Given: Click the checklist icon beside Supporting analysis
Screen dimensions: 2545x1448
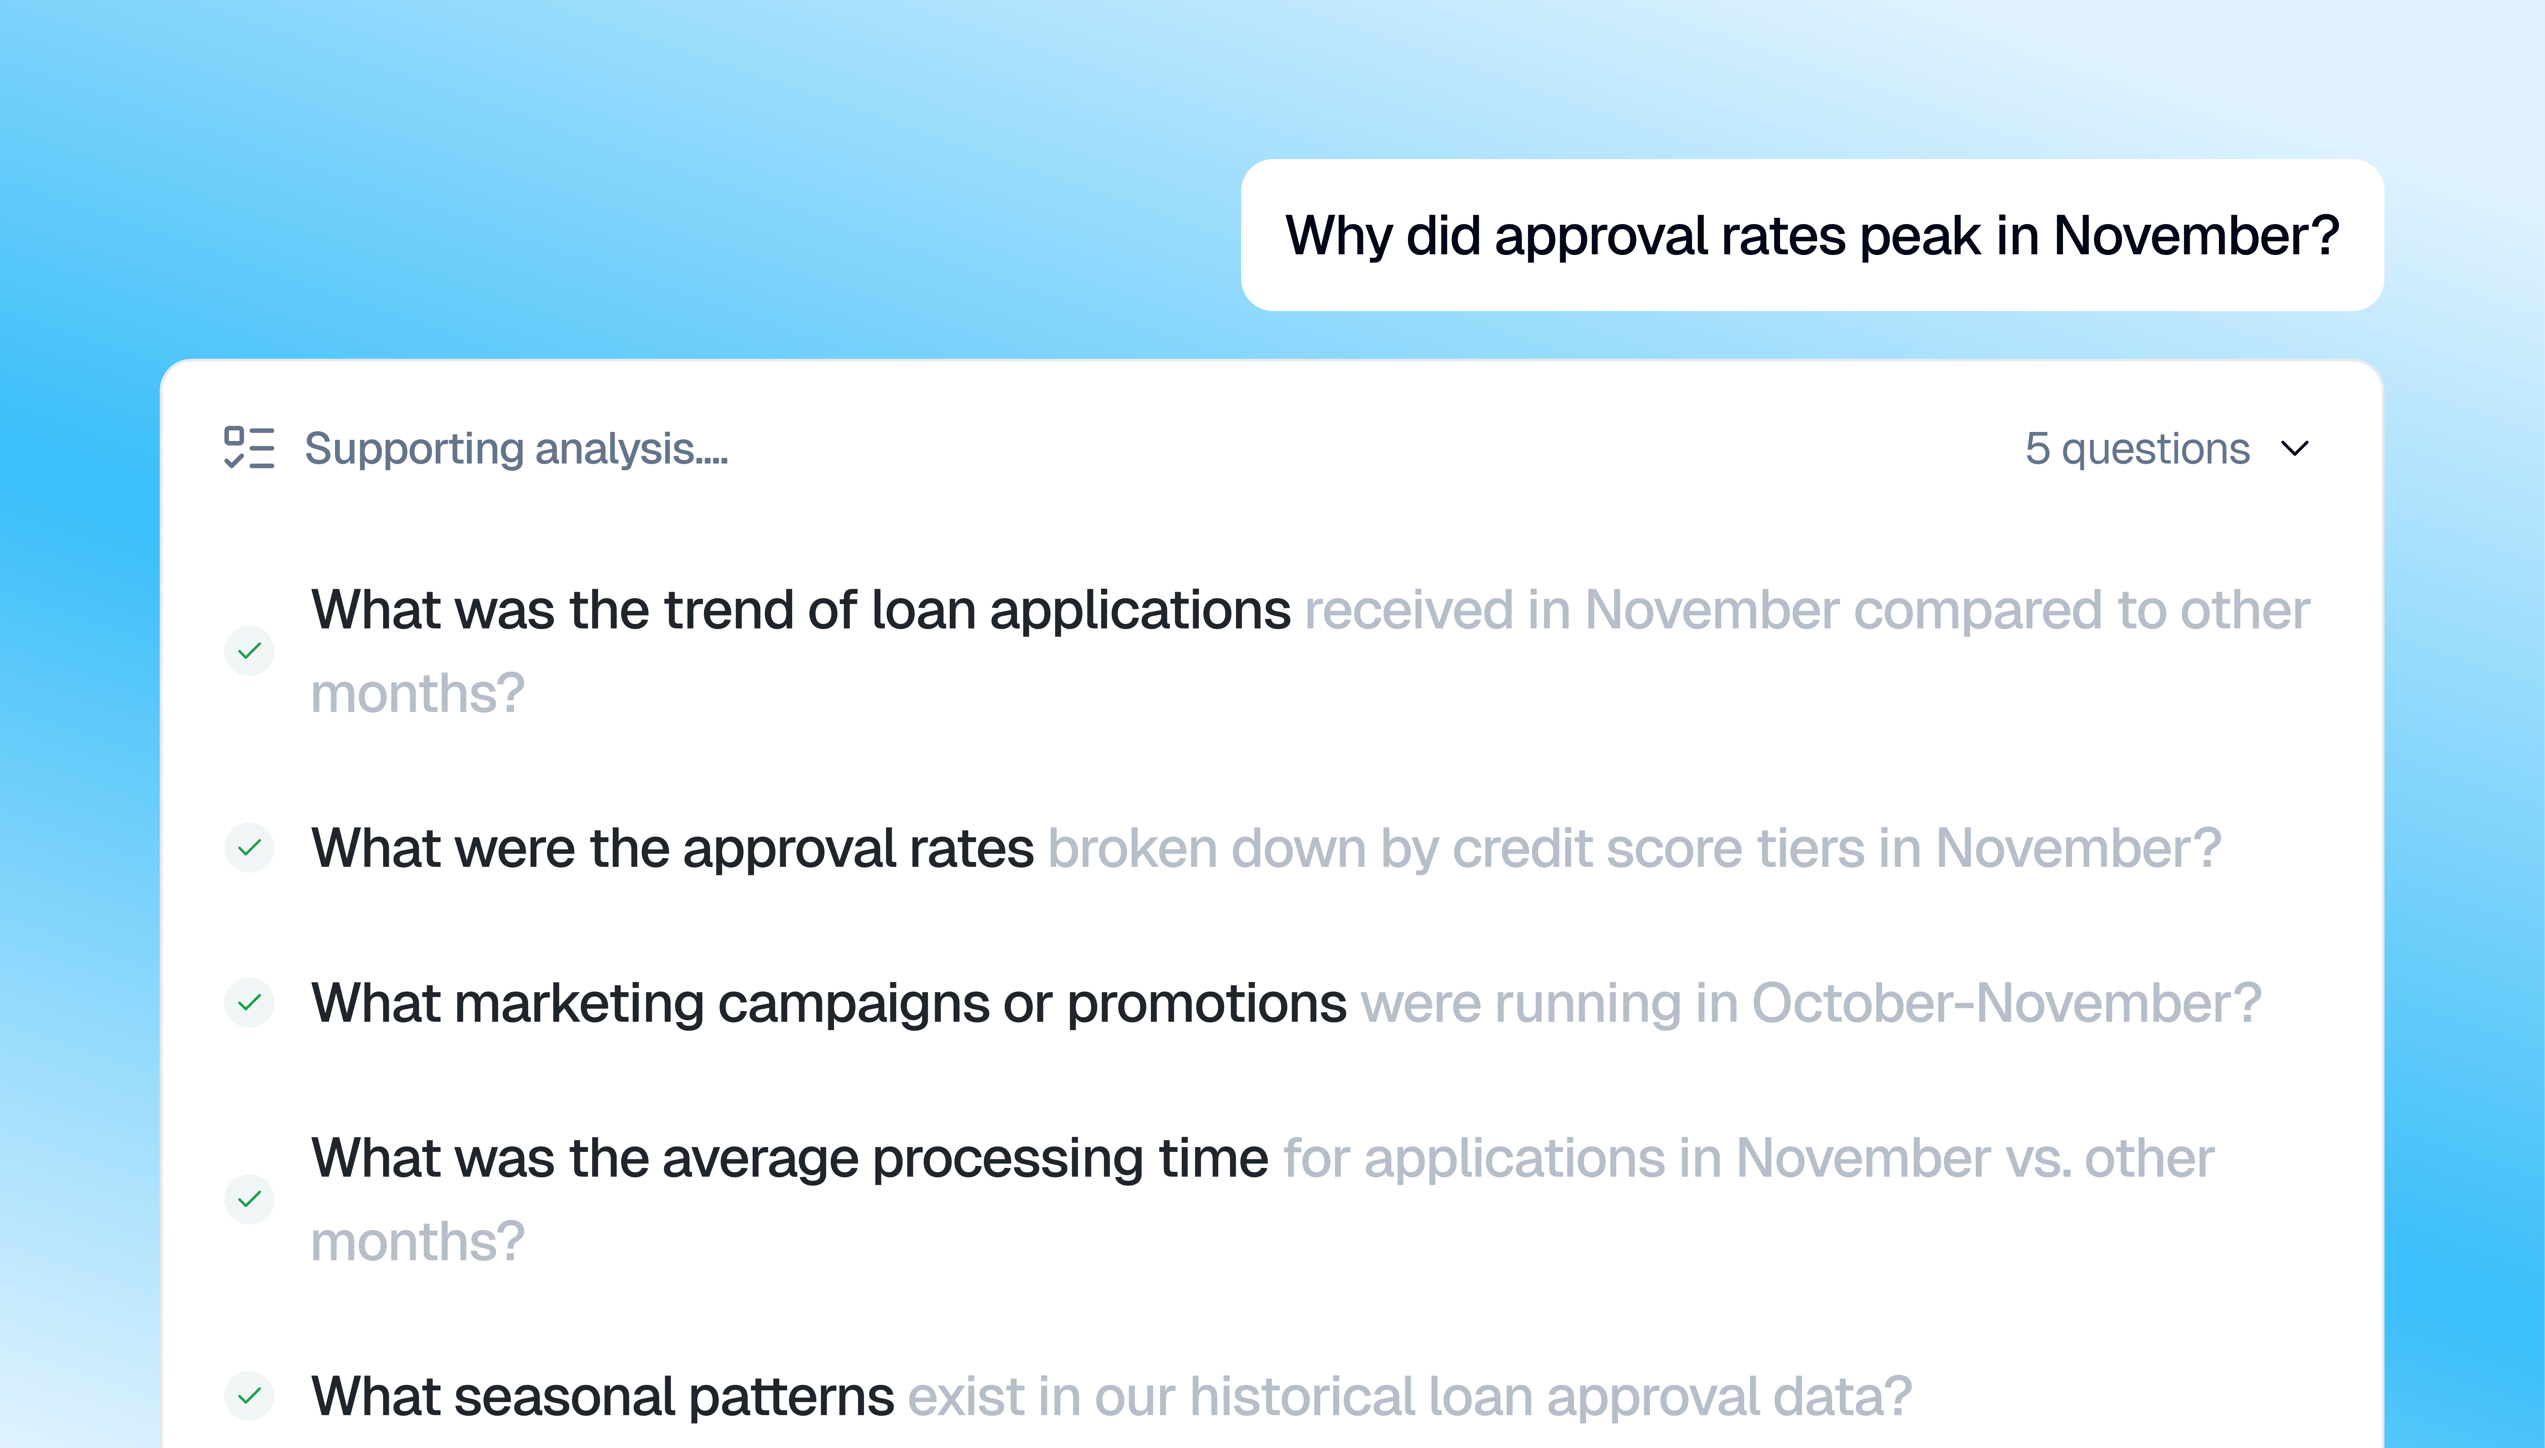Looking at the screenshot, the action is tap(249, 448).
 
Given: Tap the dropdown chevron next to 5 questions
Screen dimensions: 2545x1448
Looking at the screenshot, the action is tap(2294, 449).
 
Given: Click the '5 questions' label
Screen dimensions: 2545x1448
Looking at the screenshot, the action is tap(2137, 449).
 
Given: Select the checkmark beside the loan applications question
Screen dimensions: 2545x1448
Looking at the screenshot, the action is tap(249, 650).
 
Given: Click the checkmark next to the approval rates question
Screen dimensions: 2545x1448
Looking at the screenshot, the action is tap(249, 847).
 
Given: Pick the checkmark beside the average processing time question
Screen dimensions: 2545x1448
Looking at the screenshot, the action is tap(249, 1198).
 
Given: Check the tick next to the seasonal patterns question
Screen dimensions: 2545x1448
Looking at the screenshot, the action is tap(249, 1395).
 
